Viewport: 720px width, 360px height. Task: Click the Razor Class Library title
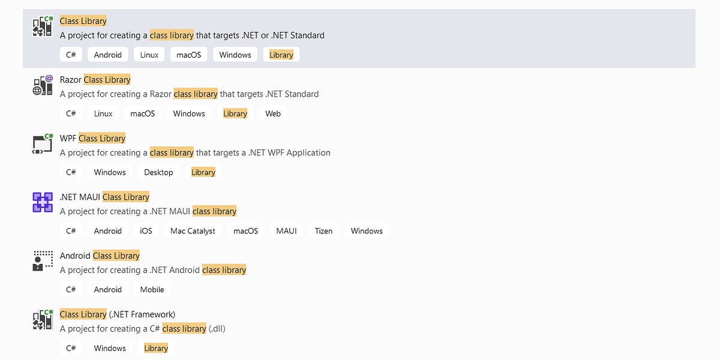click(x=95, y=80)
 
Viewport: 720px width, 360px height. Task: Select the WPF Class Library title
click(x=92, y=139)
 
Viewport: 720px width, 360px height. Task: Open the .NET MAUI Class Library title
click(x=104, y=197)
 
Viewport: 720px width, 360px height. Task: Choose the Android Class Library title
click(x=100, y=256)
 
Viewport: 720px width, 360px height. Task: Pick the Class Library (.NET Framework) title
click(x=118, y=314)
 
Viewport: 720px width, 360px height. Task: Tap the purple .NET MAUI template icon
click(x=43, y=202)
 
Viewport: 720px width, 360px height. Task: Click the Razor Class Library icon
click(x=43, y=85)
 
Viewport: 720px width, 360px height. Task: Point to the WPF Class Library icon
click(x=43, y=144)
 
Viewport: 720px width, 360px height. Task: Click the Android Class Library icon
click(x=43, y=261)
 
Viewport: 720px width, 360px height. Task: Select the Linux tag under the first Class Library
click(x=149, y=55)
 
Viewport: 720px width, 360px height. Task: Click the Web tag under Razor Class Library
click(x=273, y=113)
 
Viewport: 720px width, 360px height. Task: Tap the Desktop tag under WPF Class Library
click(x=158, y=172)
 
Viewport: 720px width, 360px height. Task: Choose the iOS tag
click(x=146, y=231)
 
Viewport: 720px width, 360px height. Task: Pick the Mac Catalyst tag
click(x=193, y=231)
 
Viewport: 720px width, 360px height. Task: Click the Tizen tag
click(x=323, y=231)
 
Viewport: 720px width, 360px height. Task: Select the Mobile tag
click(x=152, y=289)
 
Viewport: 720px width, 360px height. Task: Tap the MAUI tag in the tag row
click(x=286, y=231)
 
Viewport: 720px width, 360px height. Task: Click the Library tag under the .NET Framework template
click(x=156, y=348)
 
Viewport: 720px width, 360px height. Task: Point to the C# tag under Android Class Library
click(x=71, y=289)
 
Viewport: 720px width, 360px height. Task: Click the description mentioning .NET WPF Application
click(x=195, y=153)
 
